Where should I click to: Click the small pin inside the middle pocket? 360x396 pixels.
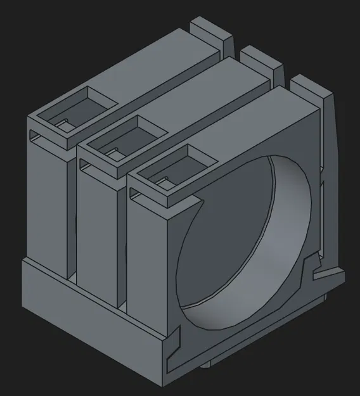112,150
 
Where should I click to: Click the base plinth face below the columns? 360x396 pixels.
89,317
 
